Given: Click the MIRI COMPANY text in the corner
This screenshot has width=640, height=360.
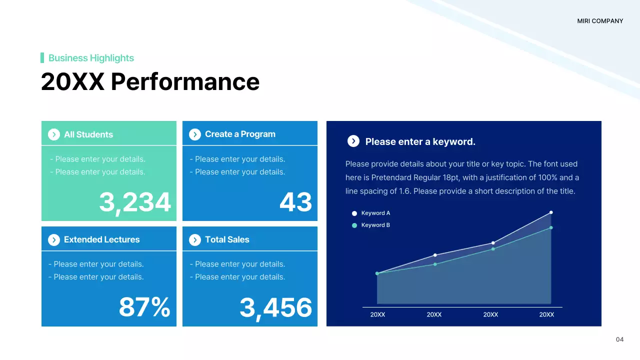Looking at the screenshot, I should [x=600, y=21].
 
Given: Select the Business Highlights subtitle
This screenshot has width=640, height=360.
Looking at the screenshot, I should [x=91, y=58].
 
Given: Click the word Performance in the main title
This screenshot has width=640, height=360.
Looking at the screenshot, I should [x=185, y=82].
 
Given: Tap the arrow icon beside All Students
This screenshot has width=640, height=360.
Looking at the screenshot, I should [x=54, y=134].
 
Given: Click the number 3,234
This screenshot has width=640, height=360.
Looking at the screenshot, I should [x=135, y=202].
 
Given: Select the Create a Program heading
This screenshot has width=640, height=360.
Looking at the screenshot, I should [x=240, y=134].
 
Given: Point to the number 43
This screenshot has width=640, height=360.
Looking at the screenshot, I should [x=295, y=202].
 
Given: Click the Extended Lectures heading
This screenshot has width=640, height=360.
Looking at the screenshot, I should [x=101, y=239].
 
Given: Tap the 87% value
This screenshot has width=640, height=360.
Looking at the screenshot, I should [x=144, y=307].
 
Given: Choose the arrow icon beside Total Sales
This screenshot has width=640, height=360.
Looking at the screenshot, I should [x=195, y=240].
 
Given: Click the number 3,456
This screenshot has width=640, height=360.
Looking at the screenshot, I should [x=275, y=307].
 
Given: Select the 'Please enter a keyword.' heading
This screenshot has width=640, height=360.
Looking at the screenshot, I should [x=420, y=141].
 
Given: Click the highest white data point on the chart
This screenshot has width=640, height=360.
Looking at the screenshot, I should [x=551, y=212].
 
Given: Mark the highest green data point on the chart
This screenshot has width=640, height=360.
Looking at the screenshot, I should [x=551, y=227].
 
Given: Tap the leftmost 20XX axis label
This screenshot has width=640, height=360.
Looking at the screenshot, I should [x=377, y=314].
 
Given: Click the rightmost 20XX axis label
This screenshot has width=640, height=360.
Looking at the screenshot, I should [x=546, y=314].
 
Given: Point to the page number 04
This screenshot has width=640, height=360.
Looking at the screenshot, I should [x=619, y=339].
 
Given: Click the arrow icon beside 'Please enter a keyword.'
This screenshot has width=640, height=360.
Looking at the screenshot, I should [x=353, y=141].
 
